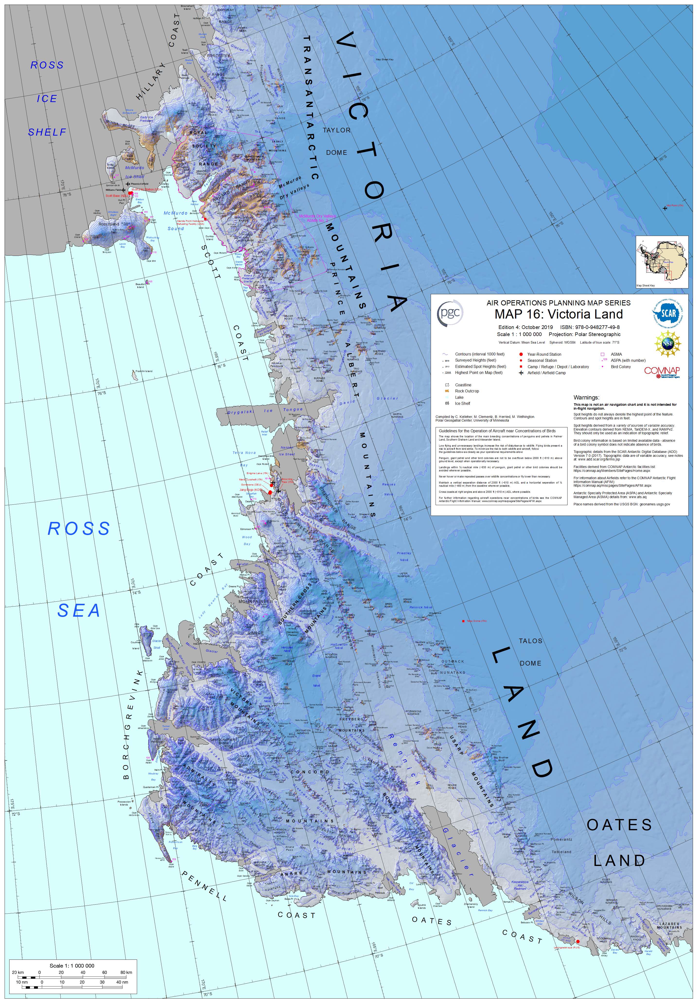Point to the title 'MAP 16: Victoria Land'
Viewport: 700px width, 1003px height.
click(x=559, y=314)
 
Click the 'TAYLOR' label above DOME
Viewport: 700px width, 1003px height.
click(x=336, y=130)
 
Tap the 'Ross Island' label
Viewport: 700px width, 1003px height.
click(x=108, y=224)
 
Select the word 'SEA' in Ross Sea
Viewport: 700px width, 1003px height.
click(x=79, y=611)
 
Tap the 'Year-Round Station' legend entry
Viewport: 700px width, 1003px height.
click(x=544, y=354)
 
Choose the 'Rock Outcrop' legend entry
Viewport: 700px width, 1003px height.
click(x=467, y=391)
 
